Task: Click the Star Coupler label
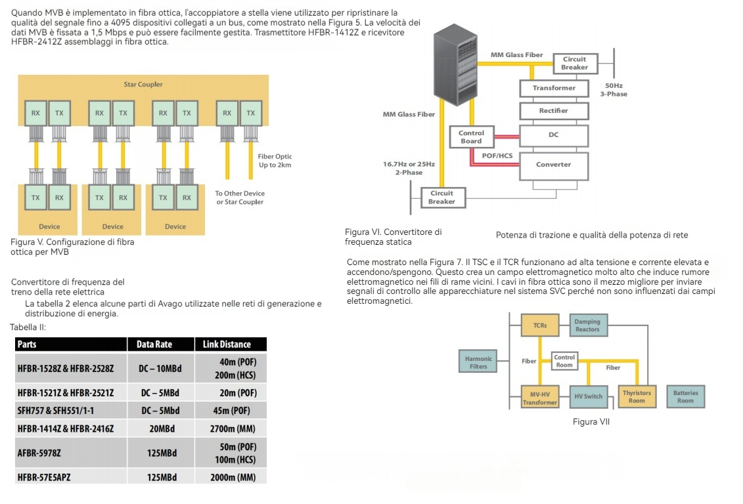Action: [143, 84]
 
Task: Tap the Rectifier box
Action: [553, 111]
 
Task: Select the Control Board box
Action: [471, 136]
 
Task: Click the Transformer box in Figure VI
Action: [553, 88]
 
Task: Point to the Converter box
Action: [553, 164]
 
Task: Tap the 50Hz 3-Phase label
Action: [614, 89]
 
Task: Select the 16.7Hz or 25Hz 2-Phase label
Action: [409, 168]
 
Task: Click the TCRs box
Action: [540, 325]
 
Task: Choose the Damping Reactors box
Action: [587, 325]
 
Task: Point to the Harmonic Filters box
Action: [478, 363]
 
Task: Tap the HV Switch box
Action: [588, 397]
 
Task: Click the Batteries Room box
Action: [685, 397]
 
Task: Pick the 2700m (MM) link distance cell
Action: [233, 429]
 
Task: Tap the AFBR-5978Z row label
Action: [43, 453]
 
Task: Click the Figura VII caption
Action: [591, 422]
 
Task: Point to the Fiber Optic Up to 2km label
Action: [275, 161]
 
